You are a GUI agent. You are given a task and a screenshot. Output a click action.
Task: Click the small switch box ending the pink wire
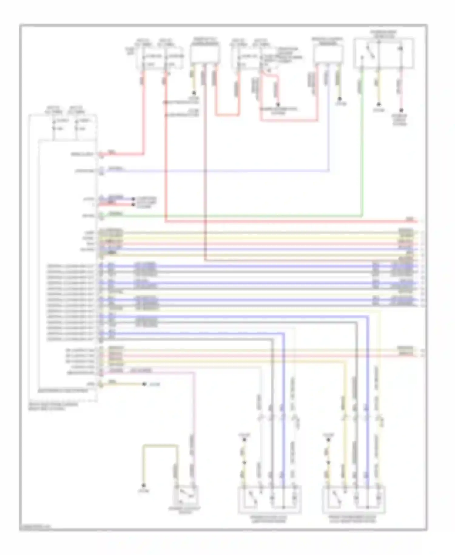(186, 495)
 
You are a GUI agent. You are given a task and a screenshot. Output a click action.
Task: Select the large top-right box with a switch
(384, 53)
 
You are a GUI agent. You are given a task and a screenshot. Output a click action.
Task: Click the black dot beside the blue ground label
(144, 384)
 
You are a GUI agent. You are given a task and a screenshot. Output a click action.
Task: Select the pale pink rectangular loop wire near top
(288, 120)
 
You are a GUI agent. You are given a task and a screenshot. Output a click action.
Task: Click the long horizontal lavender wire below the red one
(212, 171)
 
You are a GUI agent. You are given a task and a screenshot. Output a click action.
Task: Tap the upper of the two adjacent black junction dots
(133, 199)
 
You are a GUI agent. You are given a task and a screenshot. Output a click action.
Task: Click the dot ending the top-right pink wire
(401, 111)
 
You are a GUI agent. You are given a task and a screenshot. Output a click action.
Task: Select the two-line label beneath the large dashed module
(53, 407)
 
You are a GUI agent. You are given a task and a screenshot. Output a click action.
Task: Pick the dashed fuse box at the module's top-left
(63, 128)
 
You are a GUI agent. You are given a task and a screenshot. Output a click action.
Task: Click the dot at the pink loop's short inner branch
(277, 104)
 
